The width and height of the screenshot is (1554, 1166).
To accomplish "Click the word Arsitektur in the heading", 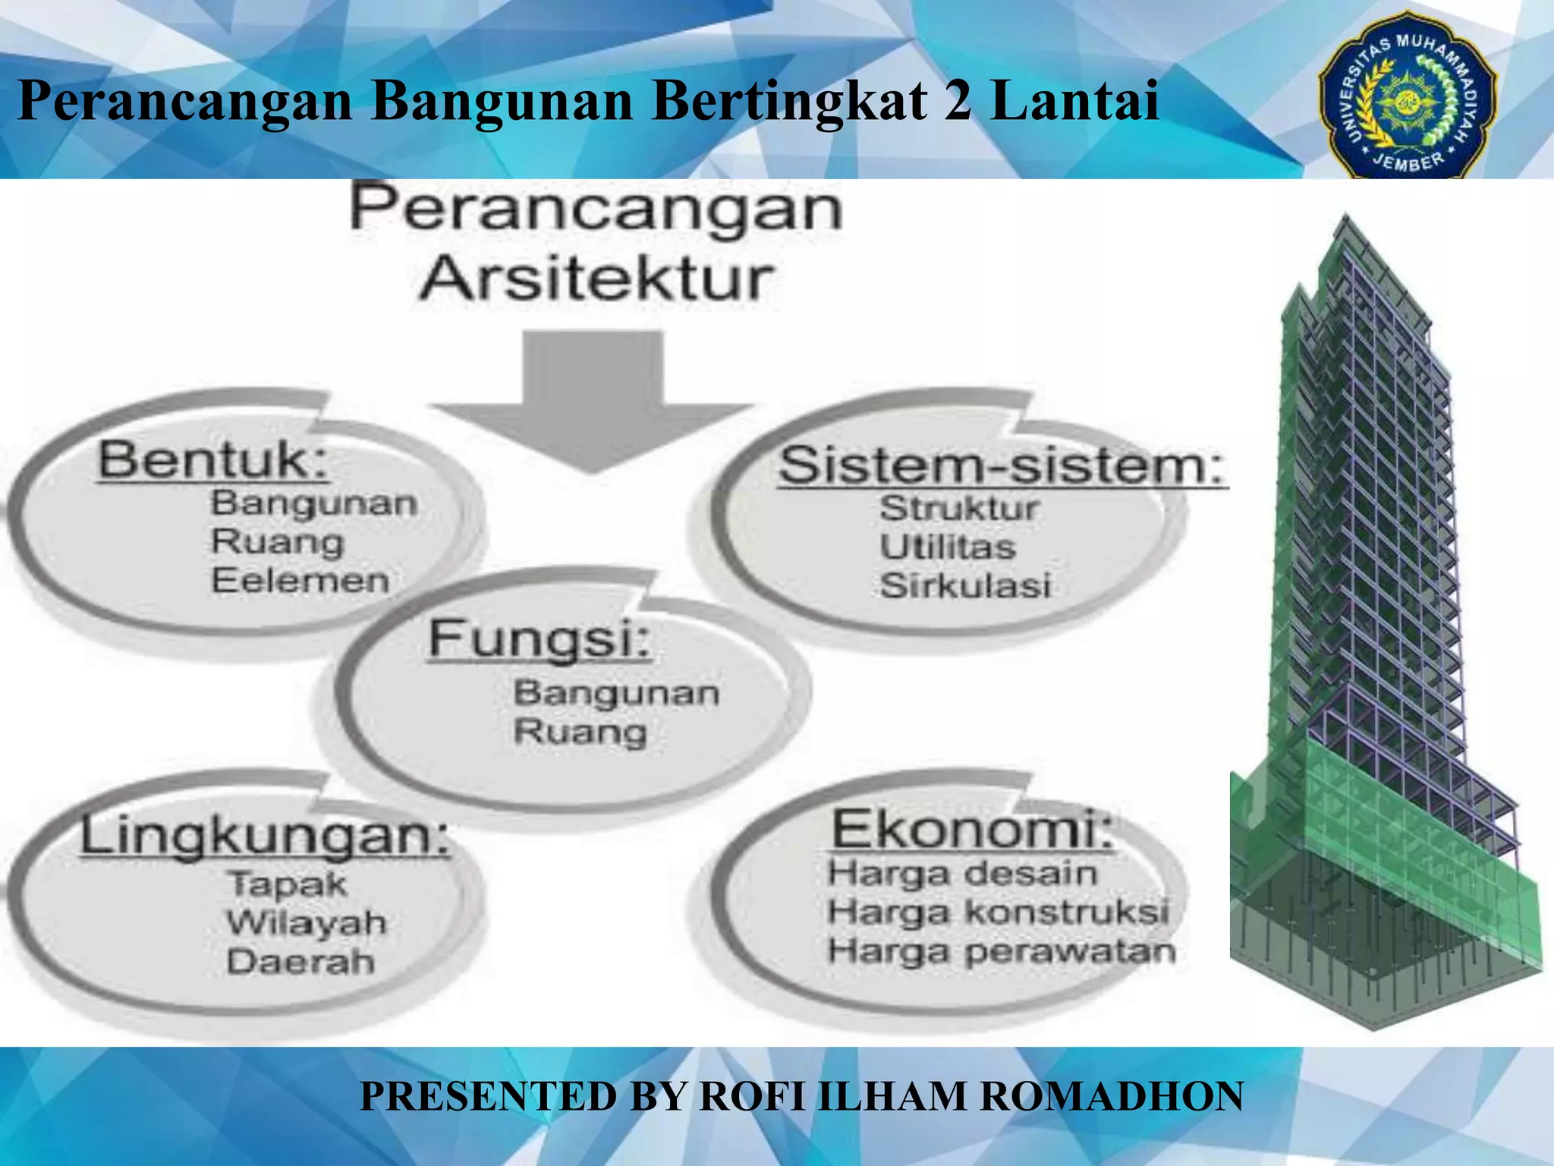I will click(x=597, y=279).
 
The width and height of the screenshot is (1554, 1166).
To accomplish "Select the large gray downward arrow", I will click(x=593, y=402).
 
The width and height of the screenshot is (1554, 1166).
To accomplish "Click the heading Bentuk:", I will click(x=213, y=460).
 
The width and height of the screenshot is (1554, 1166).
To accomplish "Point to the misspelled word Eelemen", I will click(x=300, y=581).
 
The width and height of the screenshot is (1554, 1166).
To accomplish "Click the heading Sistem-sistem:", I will click(x=1002, y=465).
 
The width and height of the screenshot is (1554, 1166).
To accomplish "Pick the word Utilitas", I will click(x=947, y=547).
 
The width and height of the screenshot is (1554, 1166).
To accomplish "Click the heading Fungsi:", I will click(x=539, y=639).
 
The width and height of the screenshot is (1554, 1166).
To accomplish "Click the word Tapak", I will click(x=287, y=884).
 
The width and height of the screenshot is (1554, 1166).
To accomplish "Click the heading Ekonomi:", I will click(x=974, y=829).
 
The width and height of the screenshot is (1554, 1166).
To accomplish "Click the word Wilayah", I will click(x=307, y=923).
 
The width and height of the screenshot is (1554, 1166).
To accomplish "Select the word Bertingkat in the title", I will click(x=789, y=101).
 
